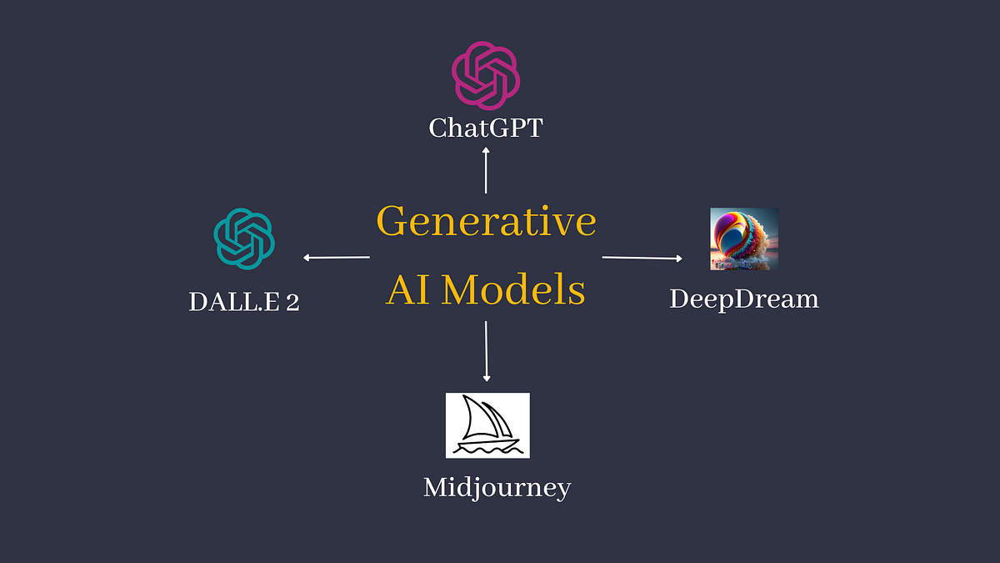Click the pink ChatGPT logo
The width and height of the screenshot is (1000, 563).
click(x=486, y=76)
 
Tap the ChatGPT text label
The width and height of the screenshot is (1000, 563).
click(x=486, y=128)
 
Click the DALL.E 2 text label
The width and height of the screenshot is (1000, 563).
click(x=244, y=301)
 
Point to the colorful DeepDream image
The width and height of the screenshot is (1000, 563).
click(x=743, y=239)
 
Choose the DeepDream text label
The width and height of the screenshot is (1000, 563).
click(x=744, y=299)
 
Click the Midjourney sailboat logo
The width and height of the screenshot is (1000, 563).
click(x=487, y=425)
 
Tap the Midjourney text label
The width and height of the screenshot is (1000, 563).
click(x=497, y=487)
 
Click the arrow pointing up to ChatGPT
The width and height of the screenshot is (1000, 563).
click(x=486, y=170)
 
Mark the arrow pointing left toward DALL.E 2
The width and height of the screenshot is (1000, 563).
click(x=337, y=258)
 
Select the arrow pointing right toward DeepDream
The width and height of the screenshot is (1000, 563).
click(x=642, y=258)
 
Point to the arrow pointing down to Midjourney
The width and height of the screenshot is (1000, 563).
click(x=486, y=350)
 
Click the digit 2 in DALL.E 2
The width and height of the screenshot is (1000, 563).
click(x=292, y=301)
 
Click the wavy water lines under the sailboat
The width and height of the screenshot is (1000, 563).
click(x=487, y=448)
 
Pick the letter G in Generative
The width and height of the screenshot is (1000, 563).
click(x=392, y=222)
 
